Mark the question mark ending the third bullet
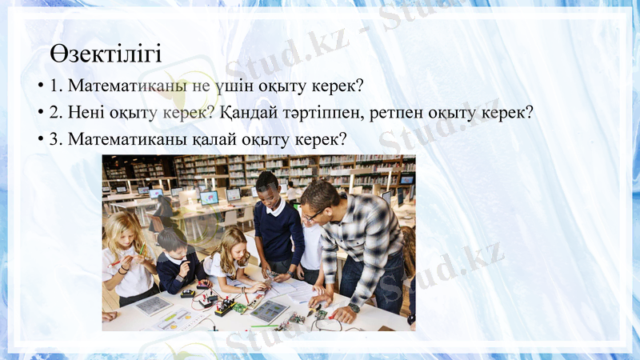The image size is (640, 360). point(342,139)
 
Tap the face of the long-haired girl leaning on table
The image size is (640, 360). point(233,248)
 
